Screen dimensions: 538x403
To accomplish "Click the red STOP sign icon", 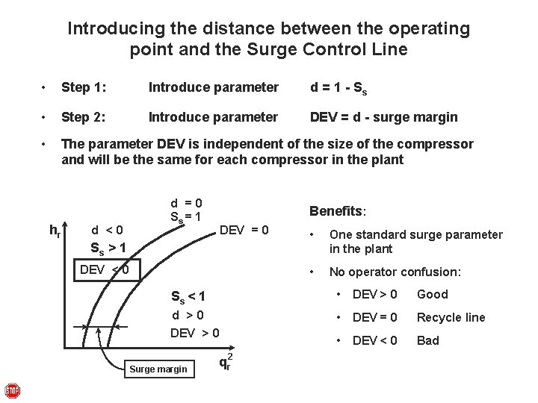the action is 13,391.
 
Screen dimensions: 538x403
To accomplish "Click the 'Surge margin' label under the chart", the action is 158,369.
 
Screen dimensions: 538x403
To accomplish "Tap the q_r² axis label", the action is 225,362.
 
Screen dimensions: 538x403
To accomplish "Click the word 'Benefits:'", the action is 338,211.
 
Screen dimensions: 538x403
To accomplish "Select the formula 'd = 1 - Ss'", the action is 338,88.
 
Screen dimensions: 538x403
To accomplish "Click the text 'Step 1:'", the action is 84,88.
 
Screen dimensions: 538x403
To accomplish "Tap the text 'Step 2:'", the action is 84,117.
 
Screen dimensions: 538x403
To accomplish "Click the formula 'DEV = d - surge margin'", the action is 384,117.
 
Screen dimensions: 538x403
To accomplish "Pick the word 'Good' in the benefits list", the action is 433,294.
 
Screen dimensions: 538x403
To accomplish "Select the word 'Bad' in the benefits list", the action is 428,340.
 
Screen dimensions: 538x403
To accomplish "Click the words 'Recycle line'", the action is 451,317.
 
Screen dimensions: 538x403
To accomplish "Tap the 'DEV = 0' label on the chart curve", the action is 244,229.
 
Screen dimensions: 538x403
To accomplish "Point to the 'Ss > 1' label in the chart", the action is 108,248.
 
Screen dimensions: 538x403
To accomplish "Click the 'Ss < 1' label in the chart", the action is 188,296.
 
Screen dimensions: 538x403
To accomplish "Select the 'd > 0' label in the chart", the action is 188,316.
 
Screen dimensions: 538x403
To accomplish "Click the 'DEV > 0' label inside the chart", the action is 195,333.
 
